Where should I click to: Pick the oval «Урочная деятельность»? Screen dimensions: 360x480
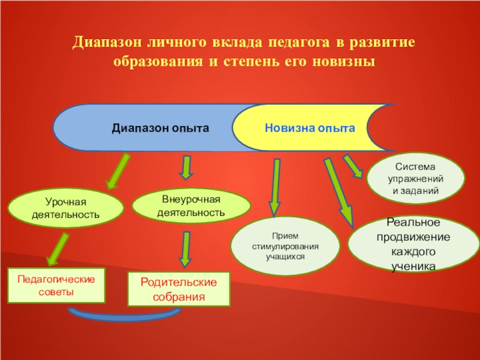[x=65, y=208]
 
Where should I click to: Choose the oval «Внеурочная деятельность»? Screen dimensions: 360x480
[x=191, y=206]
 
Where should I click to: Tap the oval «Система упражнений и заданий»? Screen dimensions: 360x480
[x=416, y=179]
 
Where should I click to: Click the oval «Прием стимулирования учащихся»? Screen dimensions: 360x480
[x=285, y=247]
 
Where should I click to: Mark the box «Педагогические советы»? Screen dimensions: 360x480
[x=56, y=286]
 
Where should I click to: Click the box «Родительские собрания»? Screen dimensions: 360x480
[x=178, y=287]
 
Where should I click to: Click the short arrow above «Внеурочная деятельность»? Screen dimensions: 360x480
[x=187, y=167]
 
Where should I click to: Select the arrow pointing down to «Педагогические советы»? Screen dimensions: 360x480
[x=57, y=248]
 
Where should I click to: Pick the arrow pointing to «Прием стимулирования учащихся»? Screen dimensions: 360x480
[x=275, y=187]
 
